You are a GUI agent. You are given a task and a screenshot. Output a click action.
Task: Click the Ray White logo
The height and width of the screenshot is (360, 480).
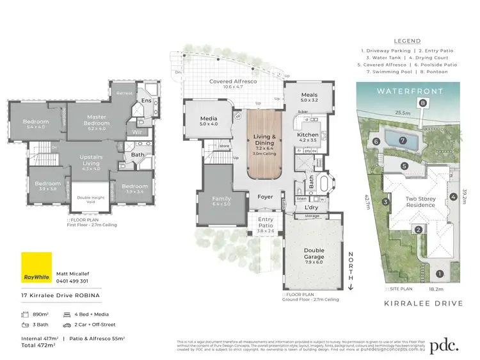[x=36, y=267]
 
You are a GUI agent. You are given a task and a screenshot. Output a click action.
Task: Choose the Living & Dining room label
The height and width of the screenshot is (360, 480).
[x=264, y=140]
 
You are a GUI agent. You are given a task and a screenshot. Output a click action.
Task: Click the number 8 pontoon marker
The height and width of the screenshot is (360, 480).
[x=422, y=102]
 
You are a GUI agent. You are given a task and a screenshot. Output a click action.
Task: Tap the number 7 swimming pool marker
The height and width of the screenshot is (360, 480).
[x=403, y=140]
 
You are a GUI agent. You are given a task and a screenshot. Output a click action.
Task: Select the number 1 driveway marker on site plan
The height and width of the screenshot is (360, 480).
[x=439, y=274]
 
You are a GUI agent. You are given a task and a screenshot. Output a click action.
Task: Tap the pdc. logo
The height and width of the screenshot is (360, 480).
[x=444, y=346]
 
